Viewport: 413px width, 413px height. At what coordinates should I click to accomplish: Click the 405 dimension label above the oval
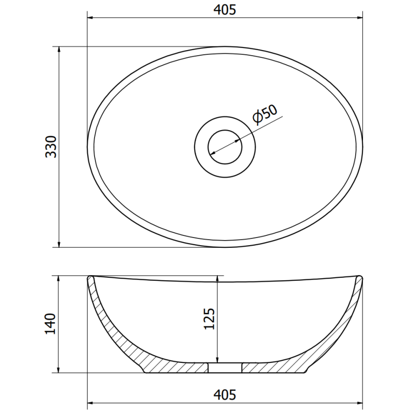point(224,10)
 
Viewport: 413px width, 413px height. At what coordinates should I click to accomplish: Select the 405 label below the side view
point(224,395)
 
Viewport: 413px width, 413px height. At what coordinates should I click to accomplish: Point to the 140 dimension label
point(50,324)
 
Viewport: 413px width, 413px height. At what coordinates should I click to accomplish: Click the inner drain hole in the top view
point(225,147)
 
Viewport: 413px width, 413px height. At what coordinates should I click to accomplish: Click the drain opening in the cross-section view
point(225,368)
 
